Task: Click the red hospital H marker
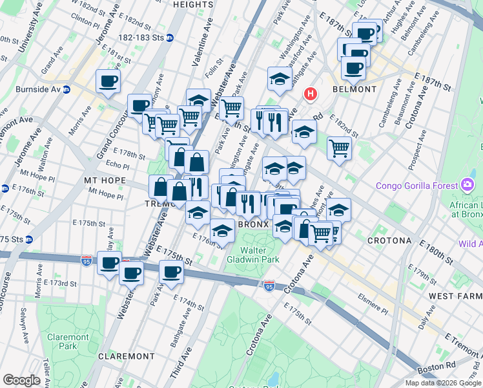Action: point(311,94)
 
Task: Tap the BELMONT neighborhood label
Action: point(354,89)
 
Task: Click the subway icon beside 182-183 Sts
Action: point(170,38)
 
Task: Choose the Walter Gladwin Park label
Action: point(262,255)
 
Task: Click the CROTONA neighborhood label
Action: point(389,241)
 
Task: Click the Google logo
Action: point(21,380)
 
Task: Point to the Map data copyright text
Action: point(442,383)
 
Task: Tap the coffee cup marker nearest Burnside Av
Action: point(108,81)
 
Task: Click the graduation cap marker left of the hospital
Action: point(278,79)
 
